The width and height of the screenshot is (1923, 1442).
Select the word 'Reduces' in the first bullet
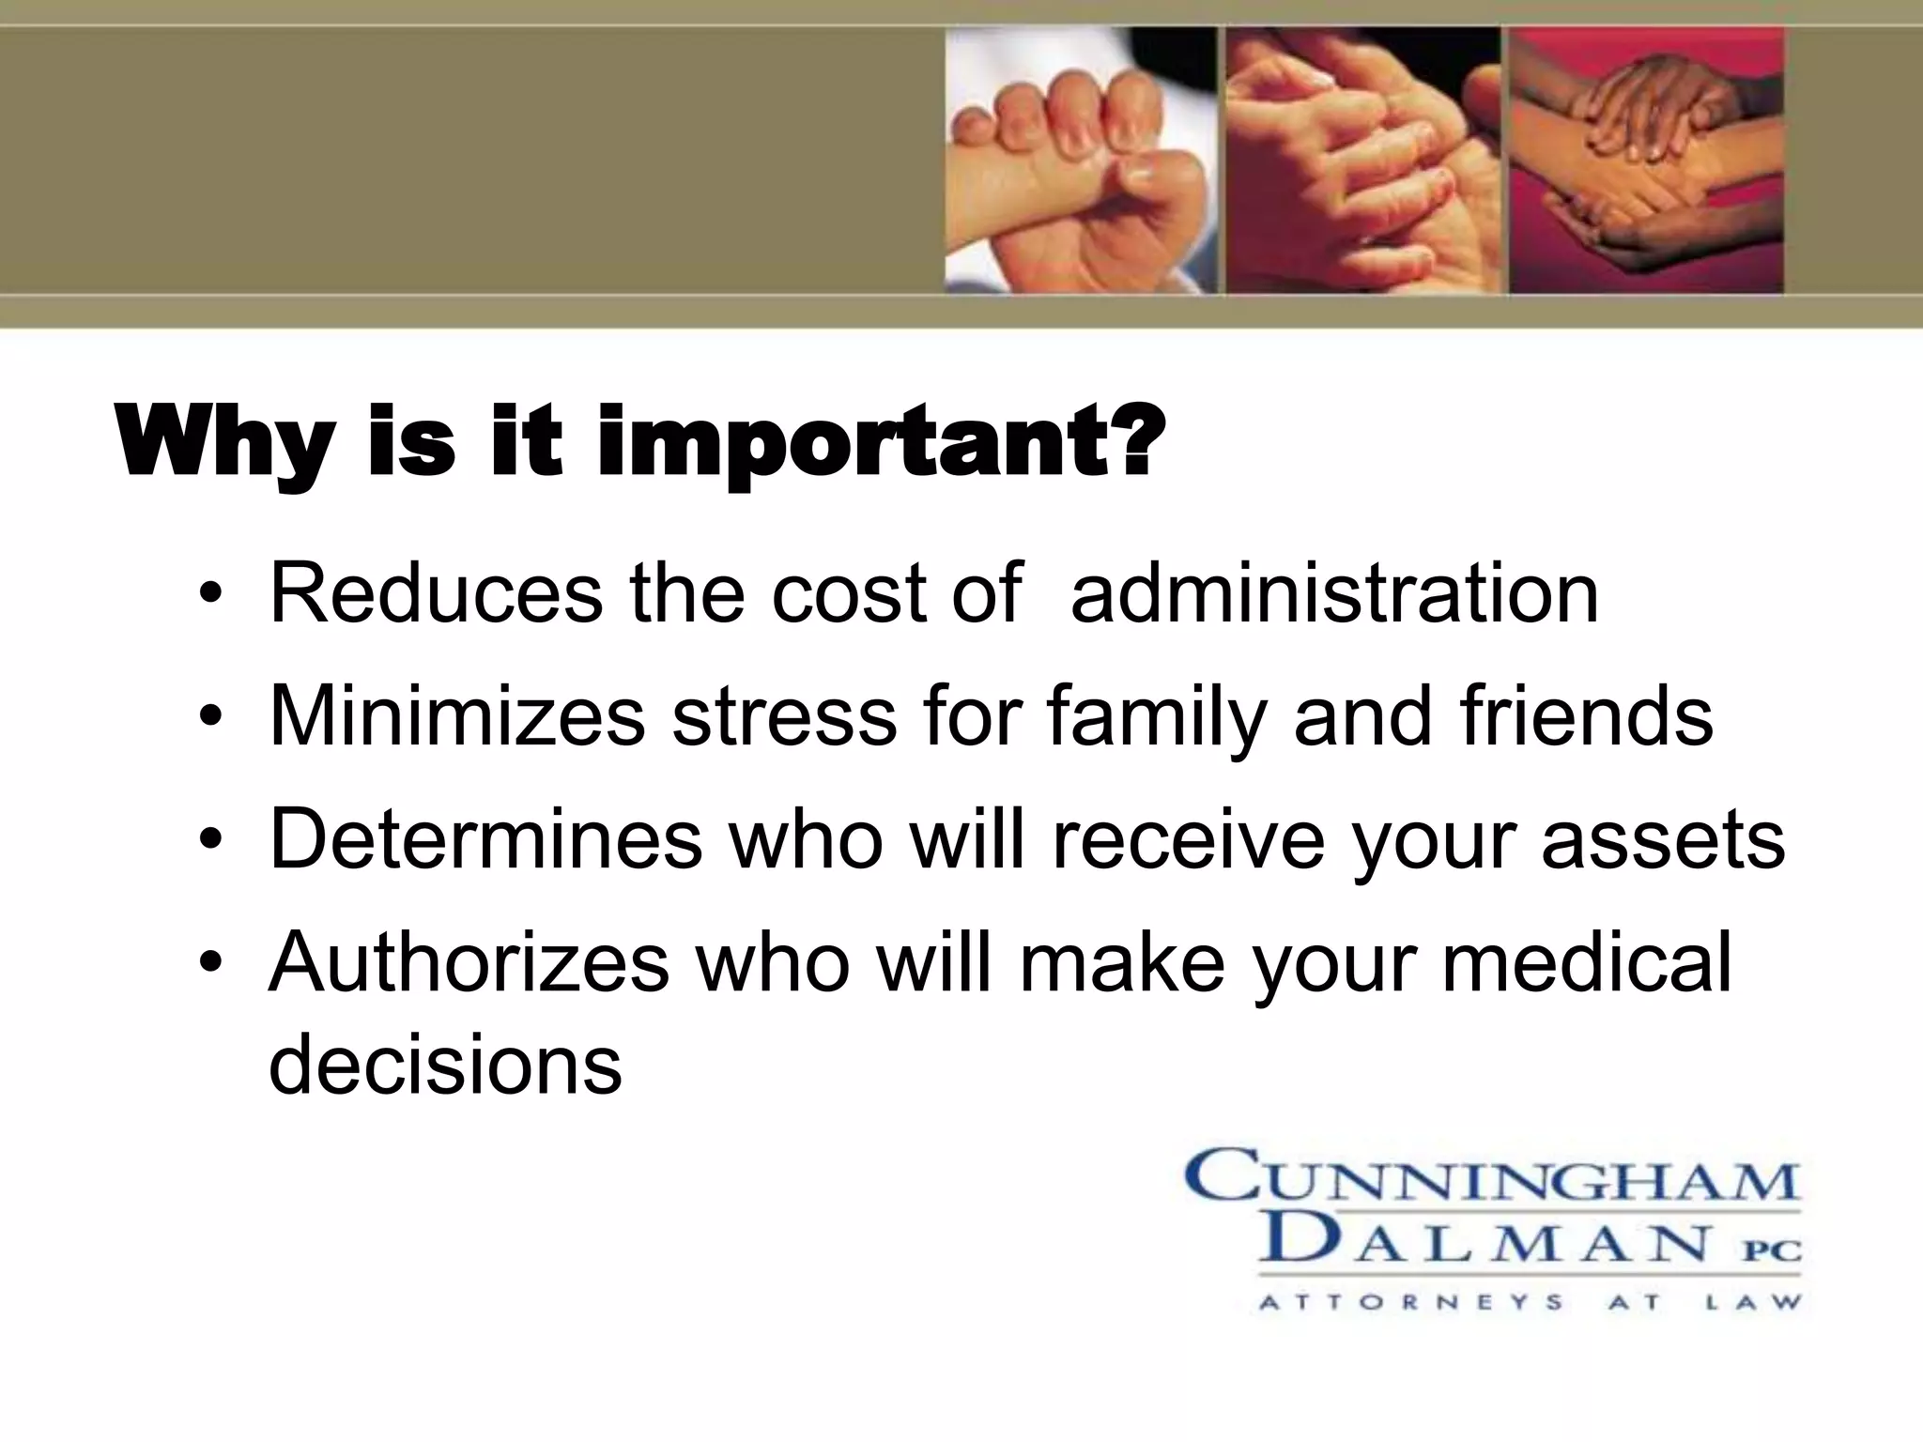(436, 593)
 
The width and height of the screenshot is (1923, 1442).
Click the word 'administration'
(1334, 593)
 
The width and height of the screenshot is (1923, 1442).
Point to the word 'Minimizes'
(457, 716)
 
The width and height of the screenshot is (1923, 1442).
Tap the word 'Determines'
(485, 838)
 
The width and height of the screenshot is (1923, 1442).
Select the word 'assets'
(1662, 838)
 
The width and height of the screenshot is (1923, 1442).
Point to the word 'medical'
(1586, 962)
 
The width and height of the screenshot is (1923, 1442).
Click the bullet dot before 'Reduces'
(213, 597)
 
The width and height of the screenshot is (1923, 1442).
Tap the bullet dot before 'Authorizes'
(213, 966)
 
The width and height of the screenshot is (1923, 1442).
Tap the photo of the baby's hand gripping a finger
(1081, 160)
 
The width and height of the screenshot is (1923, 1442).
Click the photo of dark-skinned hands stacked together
(1645, 160)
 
